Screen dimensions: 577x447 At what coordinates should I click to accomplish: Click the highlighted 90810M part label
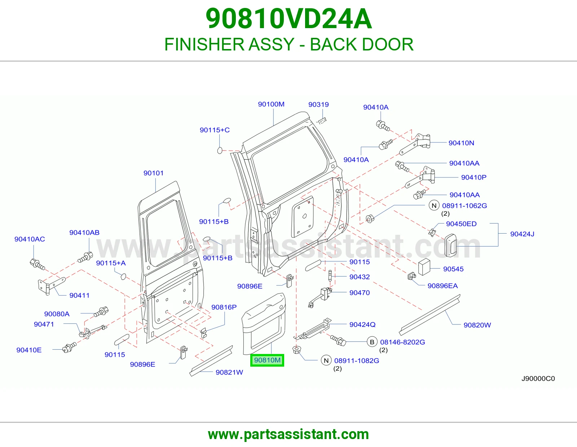click(267, 360)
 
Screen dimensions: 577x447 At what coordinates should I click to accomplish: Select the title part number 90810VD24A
click(288, 19)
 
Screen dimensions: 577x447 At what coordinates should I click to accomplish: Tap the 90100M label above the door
click(271, 104)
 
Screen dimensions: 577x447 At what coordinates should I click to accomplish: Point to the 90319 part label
click(318, 105)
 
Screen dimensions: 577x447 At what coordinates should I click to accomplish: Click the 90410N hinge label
click(461, 143)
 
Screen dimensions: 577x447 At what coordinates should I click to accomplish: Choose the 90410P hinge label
click(474, 177)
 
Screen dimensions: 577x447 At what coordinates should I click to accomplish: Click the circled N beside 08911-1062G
click(434, 205)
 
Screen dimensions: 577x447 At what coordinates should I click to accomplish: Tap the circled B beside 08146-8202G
click(372, 342)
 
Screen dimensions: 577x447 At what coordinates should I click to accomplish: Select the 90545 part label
click(453, 269)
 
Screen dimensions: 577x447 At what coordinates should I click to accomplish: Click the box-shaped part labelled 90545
click(424, 267)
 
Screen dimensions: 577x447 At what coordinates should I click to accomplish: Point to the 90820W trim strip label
click(477, 325)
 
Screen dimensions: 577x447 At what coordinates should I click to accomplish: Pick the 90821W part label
click(229, 372)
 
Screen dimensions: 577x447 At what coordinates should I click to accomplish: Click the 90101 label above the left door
click(154, 173)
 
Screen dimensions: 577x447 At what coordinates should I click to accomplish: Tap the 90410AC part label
click(30, 239)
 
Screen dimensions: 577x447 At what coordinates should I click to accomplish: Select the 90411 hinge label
click(79, 296)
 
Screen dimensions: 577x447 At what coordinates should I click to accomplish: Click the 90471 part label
click(44, 324)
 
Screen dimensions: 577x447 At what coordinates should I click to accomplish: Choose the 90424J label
click(522, 234)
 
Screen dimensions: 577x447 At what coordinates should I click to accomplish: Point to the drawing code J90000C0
click(538, 379)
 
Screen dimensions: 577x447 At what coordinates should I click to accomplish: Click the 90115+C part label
click(215, 130)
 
